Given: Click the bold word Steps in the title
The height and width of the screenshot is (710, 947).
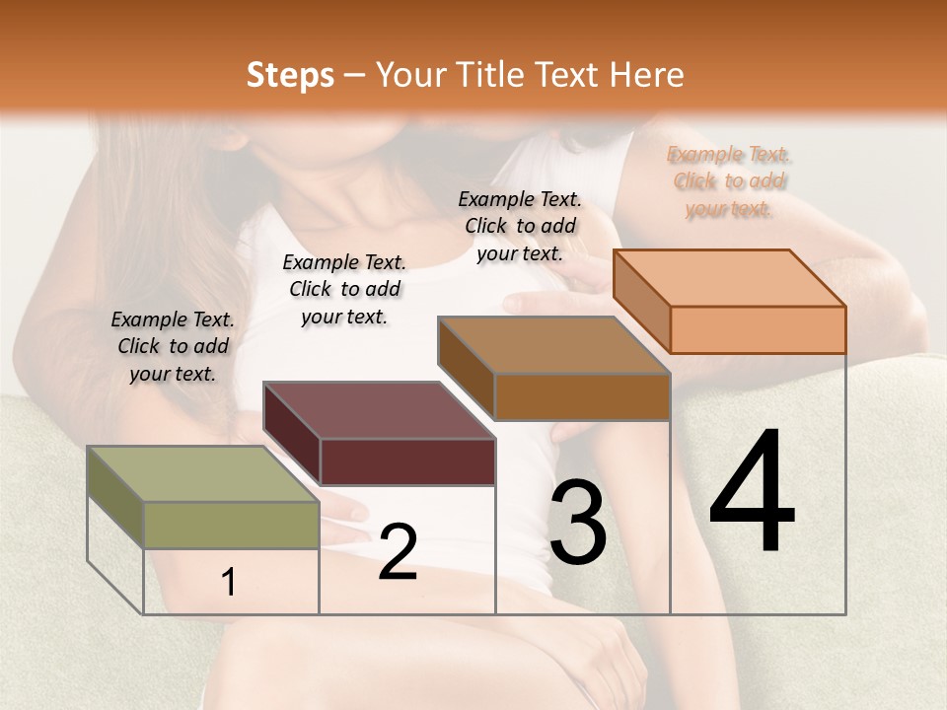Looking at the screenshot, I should (x=290, y=75).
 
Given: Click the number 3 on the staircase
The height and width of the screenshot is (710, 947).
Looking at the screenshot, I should (x=578, y=523).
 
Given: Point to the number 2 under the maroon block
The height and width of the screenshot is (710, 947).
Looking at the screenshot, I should (x=398, y=552).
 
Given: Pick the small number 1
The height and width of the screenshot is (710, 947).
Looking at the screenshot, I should (x=229, y=583).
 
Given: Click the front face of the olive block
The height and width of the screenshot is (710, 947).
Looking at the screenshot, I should (x=232, y=525).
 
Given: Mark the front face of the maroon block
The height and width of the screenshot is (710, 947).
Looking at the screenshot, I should (x=407, y=461).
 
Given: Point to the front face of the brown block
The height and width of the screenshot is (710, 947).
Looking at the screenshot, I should (x=582, y=396).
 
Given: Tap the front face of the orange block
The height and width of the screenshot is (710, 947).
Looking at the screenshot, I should (x=758, y=329).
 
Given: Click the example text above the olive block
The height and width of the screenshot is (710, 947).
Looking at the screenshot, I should (x=173, y=347).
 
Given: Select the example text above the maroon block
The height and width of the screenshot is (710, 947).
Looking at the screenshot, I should (x=344, y=289).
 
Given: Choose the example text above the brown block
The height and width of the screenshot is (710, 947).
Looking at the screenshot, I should (x=520, y=226).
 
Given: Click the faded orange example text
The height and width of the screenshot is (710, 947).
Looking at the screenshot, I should (x=729, y=181).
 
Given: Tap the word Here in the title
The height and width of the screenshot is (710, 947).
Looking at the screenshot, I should (x=647, y=75).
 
